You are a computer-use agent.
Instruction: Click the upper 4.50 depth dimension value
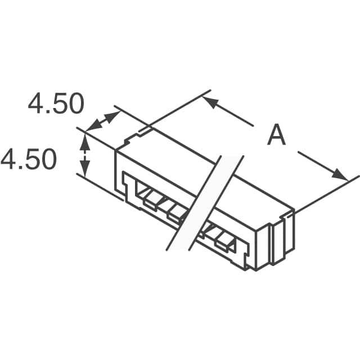tap(56, 104)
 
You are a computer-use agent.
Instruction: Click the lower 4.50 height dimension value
tap(29, 159)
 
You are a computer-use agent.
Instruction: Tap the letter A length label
tap(276, 136)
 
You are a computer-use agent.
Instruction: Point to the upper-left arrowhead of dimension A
tap(210, 101)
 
